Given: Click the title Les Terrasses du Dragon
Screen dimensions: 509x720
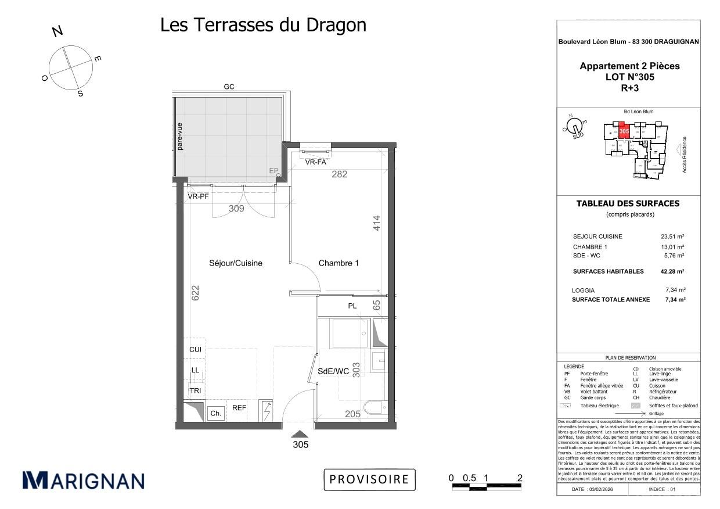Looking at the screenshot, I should [263, 25].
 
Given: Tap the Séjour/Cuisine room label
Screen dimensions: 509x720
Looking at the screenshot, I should [235, 263].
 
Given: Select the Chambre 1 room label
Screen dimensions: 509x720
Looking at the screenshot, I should [339, 263].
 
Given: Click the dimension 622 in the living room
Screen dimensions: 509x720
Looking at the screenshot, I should [195, 292].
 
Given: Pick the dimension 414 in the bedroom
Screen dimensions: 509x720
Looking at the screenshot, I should [376, 224].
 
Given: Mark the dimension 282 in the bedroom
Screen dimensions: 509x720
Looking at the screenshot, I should [339, 174].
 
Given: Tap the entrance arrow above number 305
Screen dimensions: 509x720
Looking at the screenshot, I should [300, 433].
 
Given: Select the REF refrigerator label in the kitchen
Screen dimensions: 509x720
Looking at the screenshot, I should [239, 408].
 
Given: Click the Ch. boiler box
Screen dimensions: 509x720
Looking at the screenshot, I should [215, 413].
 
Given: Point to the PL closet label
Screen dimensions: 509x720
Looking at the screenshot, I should [352, 306].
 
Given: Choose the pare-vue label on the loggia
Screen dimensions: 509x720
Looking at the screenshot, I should [180, 137].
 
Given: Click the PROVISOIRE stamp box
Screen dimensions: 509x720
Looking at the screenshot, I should [369, 479].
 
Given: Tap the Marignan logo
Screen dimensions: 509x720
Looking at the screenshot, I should [83, 481].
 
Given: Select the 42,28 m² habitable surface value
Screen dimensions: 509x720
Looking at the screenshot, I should [673, 271].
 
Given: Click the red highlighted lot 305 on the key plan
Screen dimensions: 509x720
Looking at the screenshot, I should [624, 131].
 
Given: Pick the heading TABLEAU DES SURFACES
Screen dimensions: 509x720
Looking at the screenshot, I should [627, 203].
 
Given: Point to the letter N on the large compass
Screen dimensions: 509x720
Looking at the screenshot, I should [57, 31].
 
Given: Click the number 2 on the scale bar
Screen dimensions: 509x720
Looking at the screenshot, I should [520, 478].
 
